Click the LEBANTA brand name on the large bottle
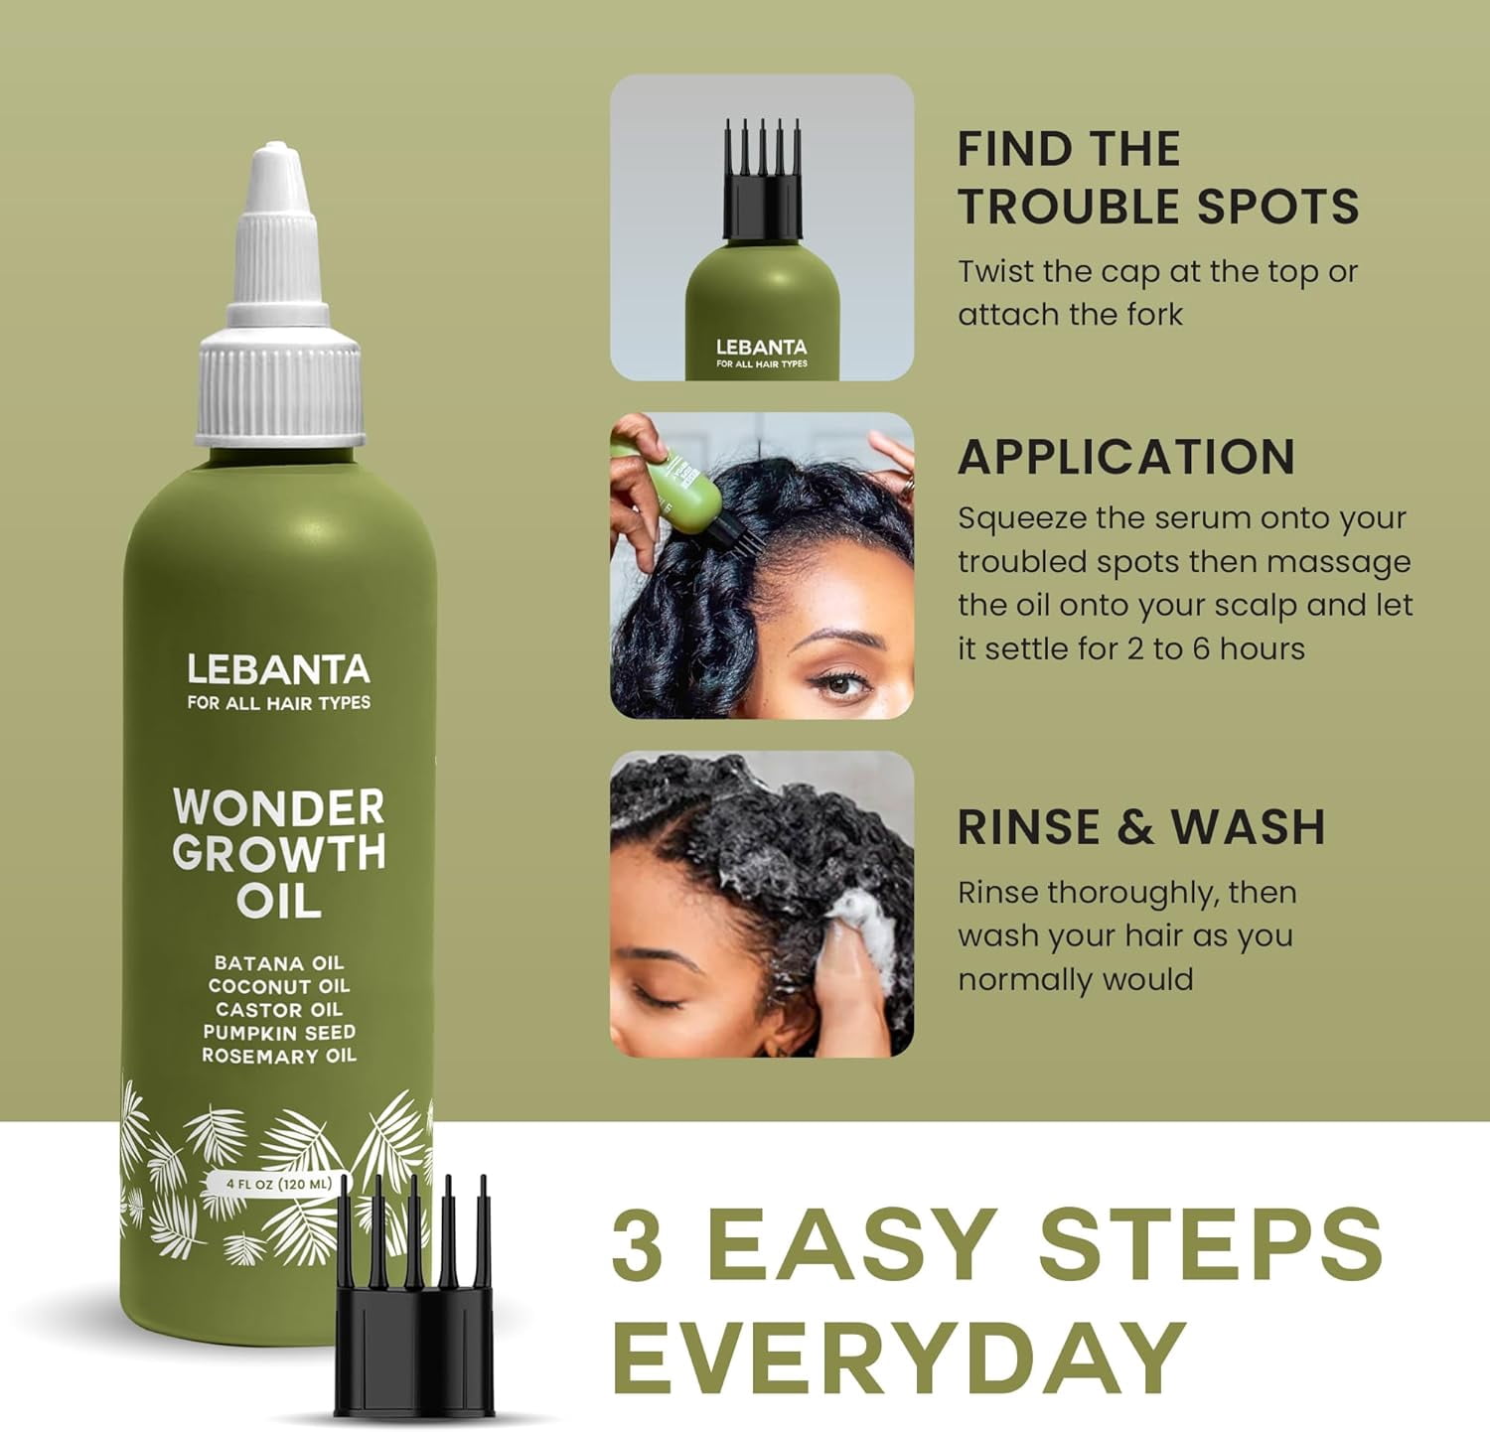click(x=278, y=669)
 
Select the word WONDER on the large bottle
click(x=278, y=806)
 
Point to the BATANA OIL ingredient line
click(x=279, y=962)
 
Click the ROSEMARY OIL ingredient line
click(x=279, y=1056)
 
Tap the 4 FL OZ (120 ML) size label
click(x=279, y=1184)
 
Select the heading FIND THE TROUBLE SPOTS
click(x=1157, y=178)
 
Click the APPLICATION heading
click(x=1126, y=457)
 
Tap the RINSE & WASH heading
click(x=1141, y=827)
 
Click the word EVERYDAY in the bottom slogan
click(x=900, y=1358)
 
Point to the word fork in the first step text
click(x=1154, y=315)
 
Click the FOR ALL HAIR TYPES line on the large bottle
click(x=279, y=703)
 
